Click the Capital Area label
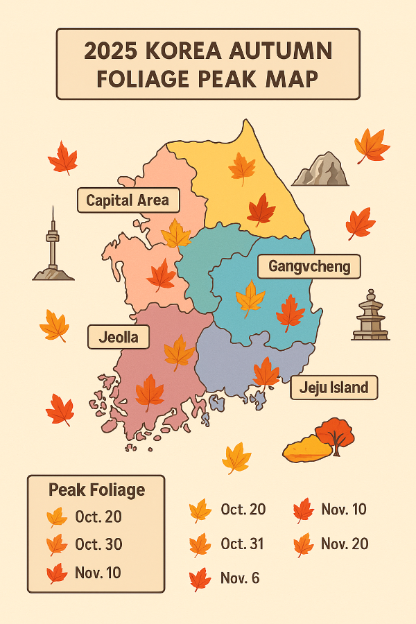coord(128,201)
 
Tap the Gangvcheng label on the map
coord(309,266)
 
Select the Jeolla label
coord(118,338)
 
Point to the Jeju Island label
coord(333,387)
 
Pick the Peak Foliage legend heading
coord(96,490)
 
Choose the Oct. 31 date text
coord(243,544)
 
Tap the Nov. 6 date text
coord(240,578)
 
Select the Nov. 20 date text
coord(344,544)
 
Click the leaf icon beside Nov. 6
coord(200,578)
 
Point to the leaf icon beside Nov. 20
coord(303,545)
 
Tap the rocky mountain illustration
coord(320,170)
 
